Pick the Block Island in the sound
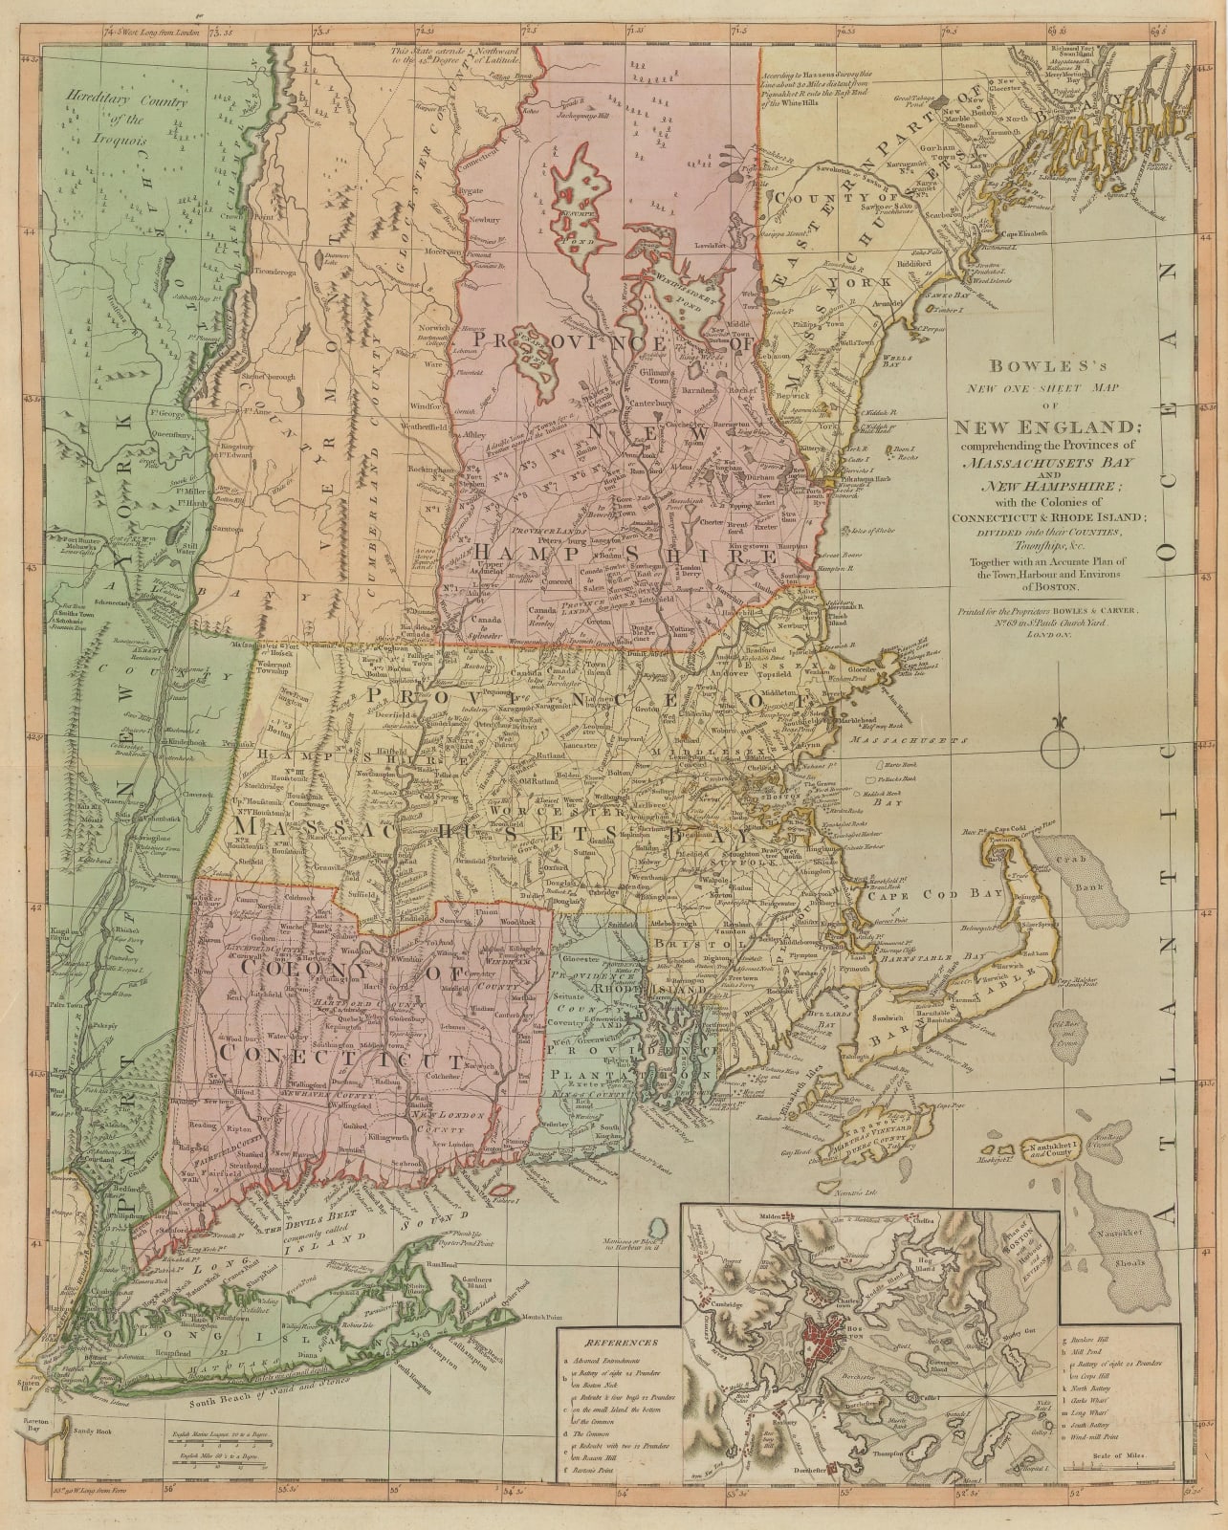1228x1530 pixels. point(655,1229)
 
